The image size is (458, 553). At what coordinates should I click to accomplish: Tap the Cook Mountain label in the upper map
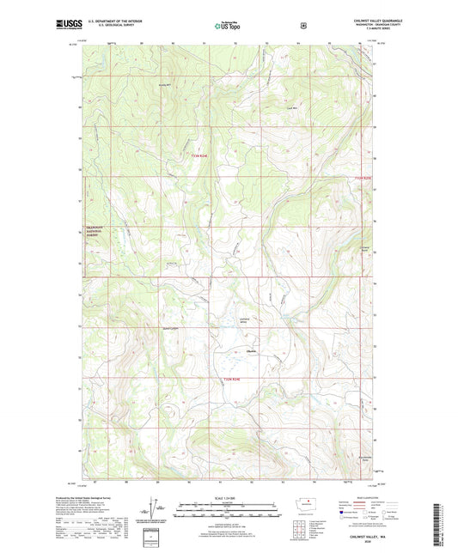291,107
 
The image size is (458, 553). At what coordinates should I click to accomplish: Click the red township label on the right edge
364,179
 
